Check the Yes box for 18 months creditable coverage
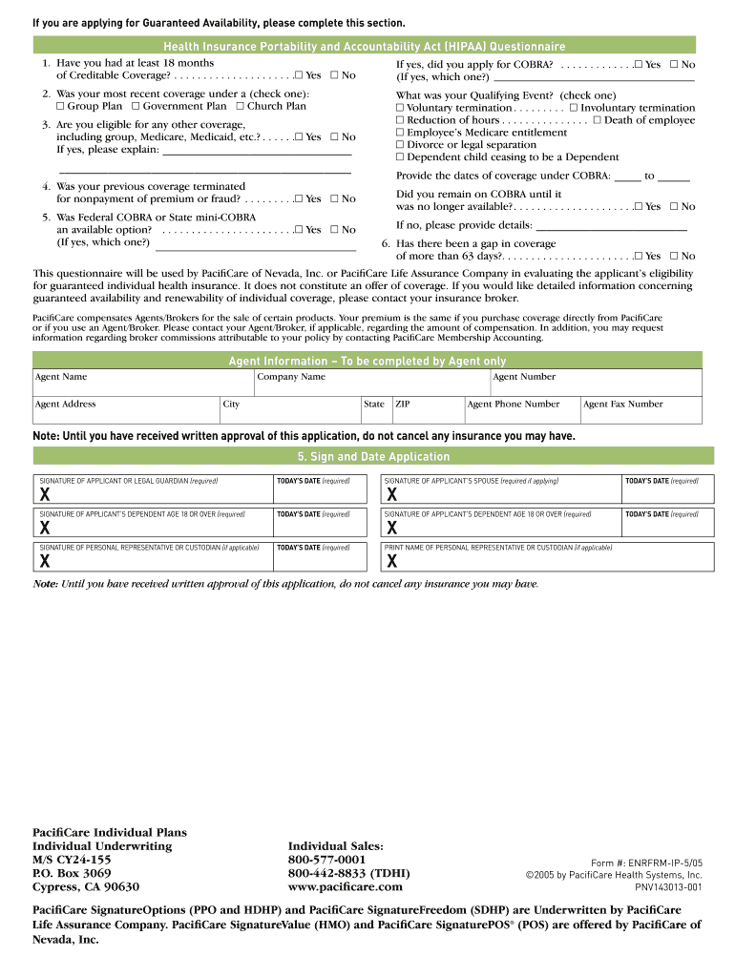[x=299, y=75]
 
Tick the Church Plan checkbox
[x=241, y=106]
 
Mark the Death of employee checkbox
[x=597, y=120]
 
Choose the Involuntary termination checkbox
[x=574, y=108]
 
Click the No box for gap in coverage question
[x=674, y=256]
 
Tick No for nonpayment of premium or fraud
[x=335, y=198]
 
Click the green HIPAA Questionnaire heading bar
[x=365, y=46]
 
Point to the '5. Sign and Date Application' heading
[x=367, y=456]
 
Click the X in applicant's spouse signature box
[x=391, y=495]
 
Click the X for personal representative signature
[x=44, y=561]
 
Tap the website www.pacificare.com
[x=345, y=886]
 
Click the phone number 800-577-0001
[x=326, y=860]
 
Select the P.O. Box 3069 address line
[x=72, y=873]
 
